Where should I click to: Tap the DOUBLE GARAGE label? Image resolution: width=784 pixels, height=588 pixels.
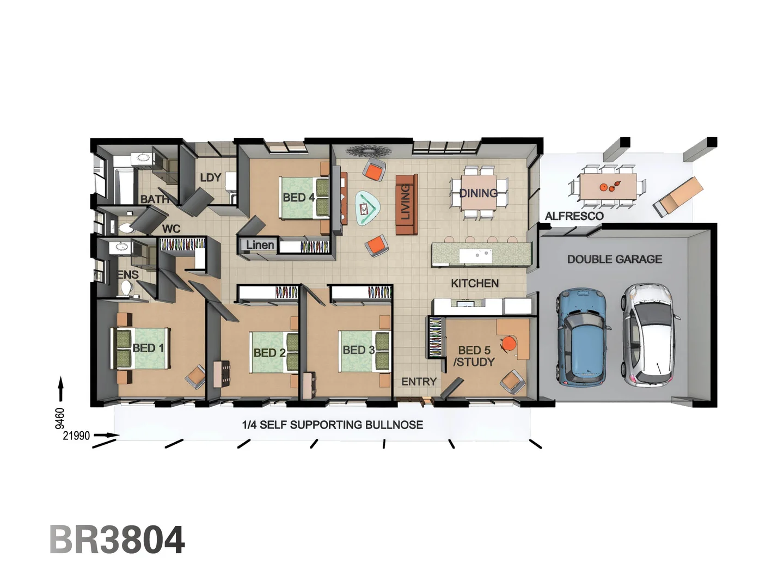(615, 260)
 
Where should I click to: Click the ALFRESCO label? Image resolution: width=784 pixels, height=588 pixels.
(574, 216)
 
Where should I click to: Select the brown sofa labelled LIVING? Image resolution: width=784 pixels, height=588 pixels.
(406, 204)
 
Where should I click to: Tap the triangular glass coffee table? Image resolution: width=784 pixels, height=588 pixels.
(367, 208)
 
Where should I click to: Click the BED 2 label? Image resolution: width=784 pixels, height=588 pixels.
(269, 353)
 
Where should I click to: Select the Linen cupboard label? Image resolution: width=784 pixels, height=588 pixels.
(260, 245)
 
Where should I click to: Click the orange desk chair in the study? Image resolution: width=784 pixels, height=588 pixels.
(509, 344)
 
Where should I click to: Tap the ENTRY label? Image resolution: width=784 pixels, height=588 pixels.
(419, 382)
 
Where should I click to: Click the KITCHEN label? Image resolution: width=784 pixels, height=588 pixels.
(474, 283)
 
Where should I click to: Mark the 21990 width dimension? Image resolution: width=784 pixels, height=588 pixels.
(76, 436)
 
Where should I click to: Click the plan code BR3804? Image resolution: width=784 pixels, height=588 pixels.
(117, 540)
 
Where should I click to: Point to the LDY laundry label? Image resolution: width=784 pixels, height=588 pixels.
(210, 177)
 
